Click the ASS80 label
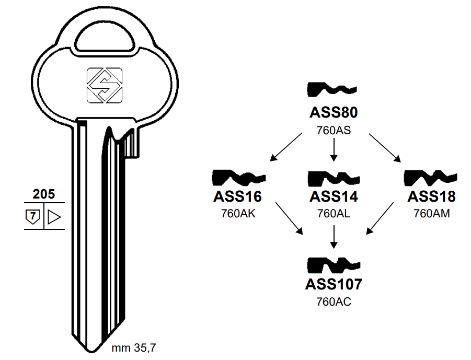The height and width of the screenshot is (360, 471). coord(334,113)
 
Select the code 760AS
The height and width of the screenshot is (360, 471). coord(334,130)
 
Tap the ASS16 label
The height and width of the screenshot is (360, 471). coord(237,196)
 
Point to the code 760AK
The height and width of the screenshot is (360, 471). coord(237,214)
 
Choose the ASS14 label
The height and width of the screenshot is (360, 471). coord(334,196)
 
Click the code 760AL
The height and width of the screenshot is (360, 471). coord(334,214)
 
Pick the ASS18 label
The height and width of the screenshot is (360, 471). coord(431,196)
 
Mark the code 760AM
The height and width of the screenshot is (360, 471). coord(431,214)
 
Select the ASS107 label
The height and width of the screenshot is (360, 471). coord(334,284)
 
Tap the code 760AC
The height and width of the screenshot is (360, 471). coord(334,301)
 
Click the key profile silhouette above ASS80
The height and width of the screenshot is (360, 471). coord(332,90)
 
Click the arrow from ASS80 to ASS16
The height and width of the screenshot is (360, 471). coord(286,147)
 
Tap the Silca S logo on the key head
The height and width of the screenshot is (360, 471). coord(104,85)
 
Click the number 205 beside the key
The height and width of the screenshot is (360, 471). coord(43,194)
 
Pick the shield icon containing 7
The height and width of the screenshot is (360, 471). coord(32,216)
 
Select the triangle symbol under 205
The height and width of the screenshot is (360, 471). coord(54,216)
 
